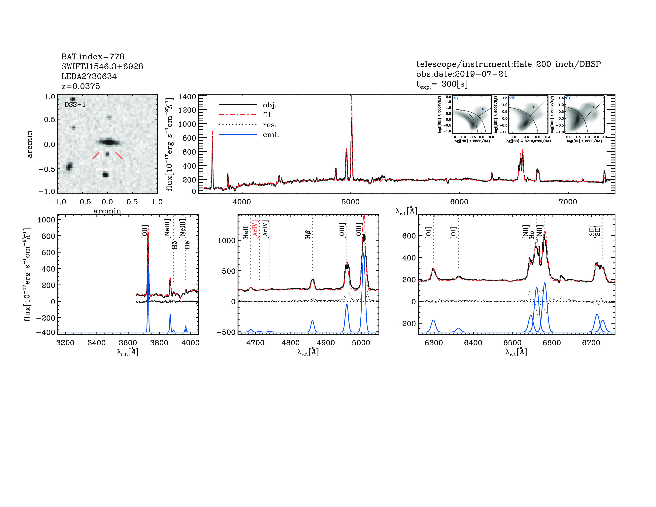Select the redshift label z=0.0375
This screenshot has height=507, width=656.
coord(81,86)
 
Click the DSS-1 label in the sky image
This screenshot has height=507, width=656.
coord(75,105)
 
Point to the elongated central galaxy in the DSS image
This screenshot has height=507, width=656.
coord(109,142)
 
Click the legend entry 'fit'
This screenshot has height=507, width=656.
coord(267,115)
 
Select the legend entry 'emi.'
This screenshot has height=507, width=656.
coord(271,135)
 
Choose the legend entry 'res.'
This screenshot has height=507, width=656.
coord(269,125)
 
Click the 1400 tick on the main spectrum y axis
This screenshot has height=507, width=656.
coord(187,97)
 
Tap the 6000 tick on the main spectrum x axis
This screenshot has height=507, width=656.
coord(459,202)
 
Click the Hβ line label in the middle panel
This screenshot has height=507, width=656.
coord(308,234)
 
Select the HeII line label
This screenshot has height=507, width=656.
coord(246,232)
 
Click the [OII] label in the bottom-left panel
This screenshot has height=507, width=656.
coord(145,232)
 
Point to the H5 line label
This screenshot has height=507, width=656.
coord(175,245)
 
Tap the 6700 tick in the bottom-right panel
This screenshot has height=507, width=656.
coord(591,343)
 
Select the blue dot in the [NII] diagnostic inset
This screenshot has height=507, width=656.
coord(482,109)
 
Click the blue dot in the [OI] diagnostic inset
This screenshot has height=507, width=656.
coord(593,107)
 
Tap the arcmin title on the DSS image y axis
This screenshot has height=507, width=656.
coord(29,144)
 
